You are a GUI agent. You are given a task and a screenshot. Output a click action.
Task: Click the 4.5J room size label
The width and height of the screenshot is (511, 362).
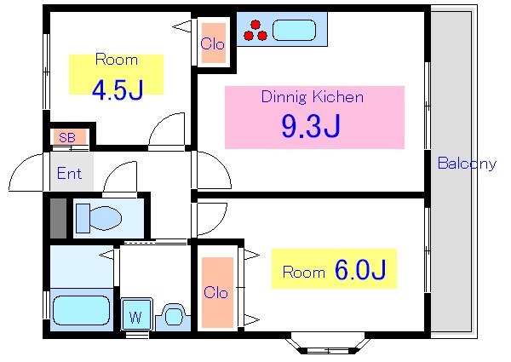click(117, 90)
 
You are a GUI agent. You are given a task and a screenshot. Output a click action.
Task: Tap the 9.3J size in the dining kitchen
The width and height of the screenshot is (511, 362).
click(311, 126)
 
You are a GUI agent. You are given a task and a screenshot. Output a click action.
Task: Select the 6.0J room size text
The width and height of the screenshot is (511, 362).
click(360, 271)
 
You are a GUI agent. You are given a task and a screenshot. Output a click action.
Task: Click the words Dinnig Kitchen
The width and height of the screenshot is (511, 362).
click(313, 97)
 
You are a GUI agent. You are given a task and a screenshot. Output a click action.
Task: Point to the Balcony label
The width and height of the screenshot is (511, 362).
click(466, 164)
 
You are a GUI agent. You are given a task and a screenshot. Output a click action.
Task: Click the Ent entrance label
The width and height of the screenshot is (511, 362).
click(69, 174)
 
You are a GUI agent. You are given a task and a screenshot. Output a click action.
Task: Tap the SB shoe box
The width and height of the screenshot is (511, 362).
click(67, 137)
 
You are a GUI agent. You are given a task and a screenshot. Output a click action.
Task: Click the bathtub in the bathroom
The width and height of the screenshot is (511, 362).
click(81, 310)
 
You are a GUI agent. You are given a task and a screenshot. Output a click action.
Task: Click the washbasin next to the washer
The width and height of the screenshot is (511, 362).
click(174, 316)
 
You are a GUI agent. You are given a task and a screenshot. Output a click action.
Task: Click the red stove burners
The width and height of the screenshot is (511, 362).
click(255, 32)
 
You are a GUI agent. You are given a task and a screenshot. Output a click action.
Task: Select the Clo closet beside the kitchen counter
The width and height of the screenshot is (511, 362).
click(212, 43)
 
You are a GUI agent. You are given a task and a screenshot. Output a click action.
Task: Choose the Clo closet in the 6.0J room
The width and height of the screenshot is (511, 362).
click(216, 292)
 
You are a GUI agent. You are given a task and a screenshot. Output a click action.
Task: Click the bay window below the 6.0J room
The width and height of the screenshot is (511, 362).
click(328, 345)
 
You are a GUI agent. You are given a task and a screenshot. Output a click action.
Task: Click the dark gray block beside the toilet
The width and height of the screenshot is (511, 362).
click(58, 218)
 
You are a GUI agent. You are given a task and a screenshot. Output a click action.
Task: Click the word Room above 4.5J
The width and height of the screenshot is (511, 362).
click(116, 60)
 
